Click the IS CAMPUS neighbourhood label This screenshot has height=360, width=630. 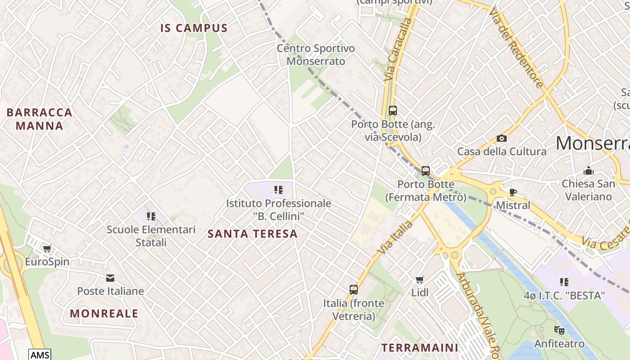[x=194, y=28]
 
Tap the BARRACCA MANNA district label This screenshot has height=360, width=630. [x=40, y=119]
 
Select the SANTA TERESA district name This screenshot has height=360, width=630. [x=252, y=234]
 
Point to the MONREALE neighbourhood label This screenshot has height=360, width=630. [x=104, y=313]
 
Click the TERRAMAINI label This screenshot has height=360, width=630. [x=420, y=347]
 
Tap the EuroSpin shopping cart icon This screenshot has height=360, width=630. [x=47, y=248]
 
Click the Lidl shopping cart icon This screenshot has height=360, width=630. [x=420, y=279]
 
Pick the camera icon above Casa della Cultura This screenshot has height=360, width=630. [x=501, y=138]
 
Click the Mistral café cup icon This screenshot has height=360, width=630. [x=513, y=192]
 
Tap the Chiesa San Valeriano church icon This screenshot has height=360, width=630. [x=588, y=171]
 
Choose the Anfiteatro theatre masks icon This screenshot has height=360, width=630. [x=559, y=330]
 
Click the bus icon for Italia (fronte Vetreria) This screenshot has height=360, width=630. [x=354, y=290]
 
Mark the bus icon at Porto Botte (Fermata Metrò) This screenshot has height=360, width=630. [x=426, y=171]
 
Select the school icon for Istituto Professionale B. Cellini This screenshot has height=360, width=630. [x=279, y=190]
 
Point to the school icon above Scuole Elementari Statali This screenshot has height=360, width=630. [x=151, y=216]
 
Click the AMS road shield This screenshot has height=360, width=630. [x=40, y=355]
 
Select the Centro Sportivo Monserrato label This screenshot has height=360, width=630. [x=316, y=54]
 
